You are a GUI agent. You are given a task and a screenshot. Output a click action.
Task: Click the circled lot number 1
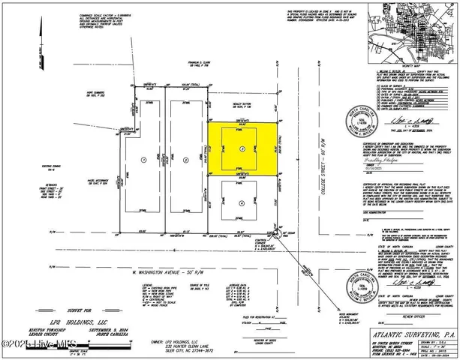(143, 159)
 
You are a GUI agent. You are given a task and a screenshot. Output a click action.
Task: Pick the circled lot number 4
(241, 203)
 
